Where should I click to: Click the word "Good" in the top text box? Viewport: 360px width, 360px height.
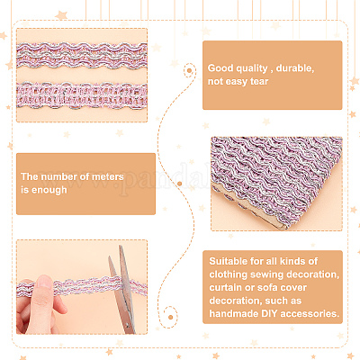(x=220, y=68)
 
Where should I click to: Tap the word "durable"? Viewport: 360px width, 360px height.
(x=295, y=68)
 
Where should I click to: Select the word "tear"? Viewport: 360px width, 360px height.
(x=259, y=81)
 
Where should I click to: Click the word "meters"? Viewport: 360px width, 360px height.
(x=107, y=176)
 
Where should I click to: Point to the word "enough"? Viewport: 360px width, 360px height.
(x=49, y=190)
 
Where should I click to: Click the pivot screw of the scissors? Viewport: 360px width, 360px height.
(x=127, y=325)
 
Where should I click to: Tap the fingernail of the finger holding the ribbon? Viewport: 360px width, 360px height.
(x=44, y=282)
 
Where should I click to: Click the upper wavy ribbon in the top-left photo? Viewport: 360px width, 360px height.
(x=82, y=56)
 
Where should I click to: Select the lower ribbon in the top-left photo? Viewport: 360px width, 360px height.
(x=82, y=95)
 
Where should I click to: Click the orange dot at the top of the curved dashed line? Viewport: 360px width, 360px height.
(x=189, y=71)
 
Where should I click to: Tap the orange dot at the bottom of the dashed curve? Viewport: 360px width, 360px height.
(x=170, y=317)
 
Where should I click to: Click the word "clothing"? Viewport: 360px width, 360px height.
(x=229, y=274)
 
